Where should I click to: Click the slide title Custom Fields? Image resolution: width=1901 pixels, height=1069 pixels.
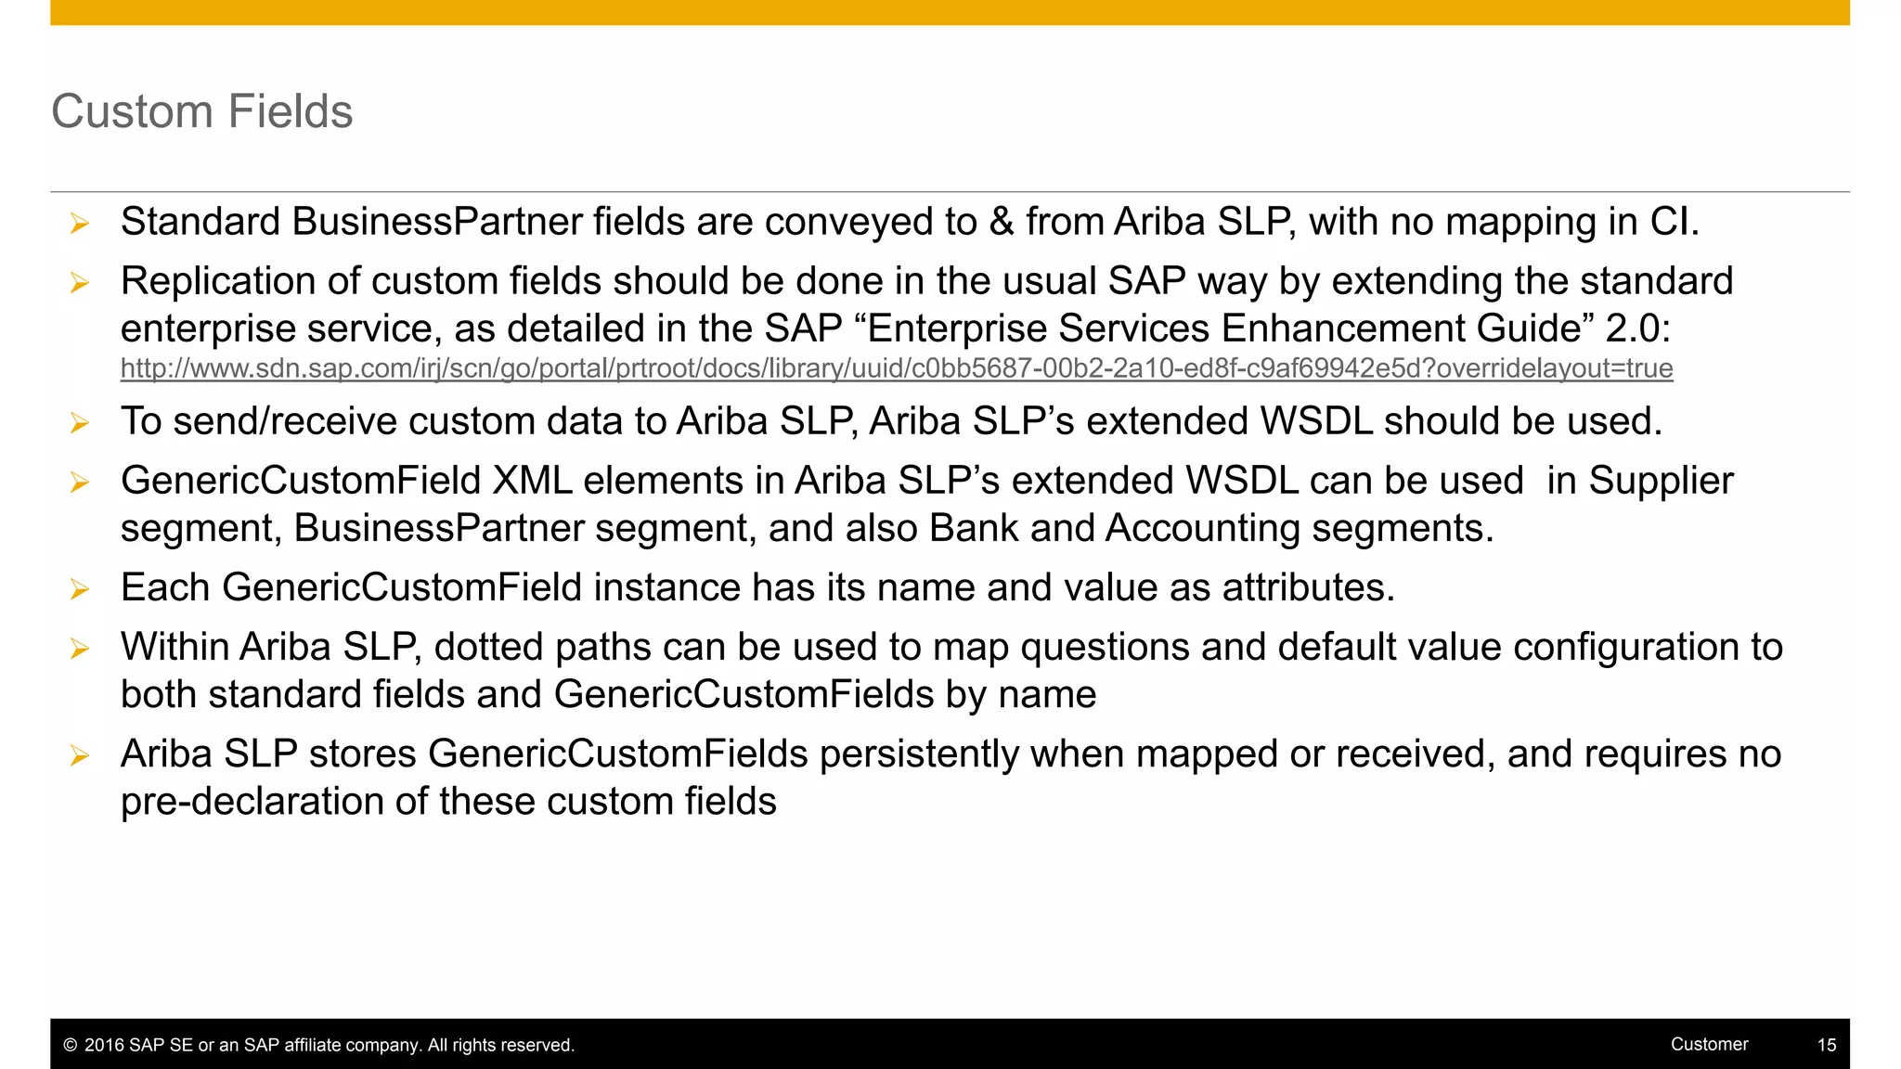(201, 111)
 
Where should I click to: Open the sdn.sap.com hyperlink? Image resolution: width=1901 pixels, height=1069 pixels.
(896, 368)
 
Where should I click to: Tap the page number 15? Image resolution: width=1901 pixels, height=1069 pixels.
(1826, 1045)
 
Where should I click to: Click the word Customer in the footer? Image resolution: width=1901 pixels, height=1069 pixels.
(1709, 1044)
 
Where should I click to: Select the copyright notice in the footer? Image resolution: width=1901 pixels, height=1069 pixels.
(318, 1045)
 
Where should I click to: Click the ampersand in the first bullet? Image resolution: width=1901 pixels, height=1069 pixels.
(1002, 222)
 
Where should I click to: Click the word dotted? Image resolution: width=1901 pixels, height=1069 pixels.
(488, 647)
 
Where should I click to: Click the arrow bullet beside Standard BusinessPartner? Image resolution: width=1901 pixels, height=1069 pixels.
(80, 223)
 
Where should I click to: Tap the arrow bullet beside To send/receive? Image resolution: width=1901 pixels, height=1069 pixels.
(80, 422)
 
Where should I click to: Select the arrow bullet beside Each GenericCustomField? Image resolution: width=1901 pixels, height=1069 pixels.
(80, 588)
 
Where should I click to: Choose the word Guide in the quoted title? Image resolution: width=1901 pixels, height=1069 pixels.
(1525, 328)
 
